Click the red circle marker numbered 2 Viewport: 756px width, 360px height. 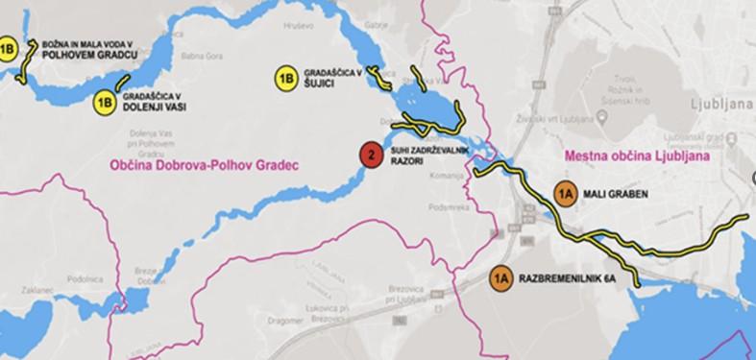tap(369, 156)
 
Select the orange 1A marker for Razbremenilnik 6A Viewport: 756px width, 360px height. tap(500, 277)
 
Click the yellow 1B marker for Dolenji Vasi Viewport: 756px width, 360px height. tap(106, 100)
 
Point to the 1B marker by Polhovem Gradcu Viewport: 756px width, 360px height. tap(8, 49)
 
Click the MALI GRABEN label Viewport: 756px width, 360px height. tap(617, 194)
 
